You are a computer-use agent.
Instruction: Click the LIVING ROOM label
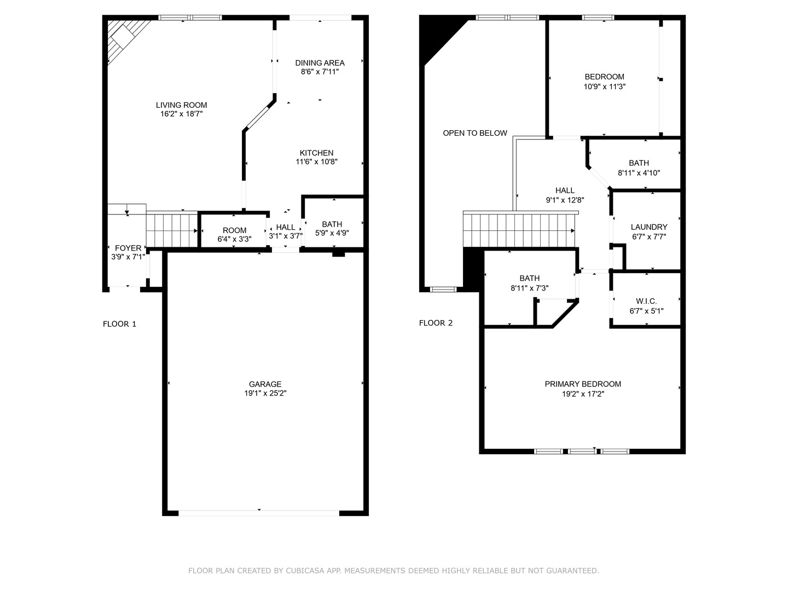181,105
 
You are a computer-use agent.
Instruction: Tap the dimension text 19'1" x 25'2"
265,393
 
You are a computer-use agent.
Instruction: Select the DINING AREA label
320,63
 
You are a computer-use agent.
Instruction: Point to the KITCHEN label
317,153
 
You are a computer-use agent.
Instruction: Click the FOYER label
128,248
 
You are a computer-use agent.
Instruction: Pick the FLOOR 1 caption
119,324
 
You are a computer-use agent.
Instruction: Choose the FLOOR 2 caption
436,323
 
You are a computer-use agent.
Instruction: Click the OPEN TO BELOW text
475,133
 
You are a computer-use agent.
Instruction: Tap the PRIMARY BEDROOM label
583,384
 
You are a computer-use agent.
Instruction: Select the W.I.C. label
647,301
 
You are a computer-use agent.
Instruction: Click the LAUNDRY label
649,227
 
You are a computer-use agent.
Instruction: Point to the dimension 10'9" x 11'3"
605,86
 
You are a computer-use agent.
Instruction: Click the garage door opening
259,513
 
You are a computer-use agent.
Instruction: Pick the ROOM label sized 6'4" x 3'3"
234,230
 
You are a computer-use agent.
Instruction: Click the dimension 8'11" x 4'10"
639,173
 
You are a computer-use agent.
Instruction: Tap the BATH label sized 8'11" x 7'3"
530,278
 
